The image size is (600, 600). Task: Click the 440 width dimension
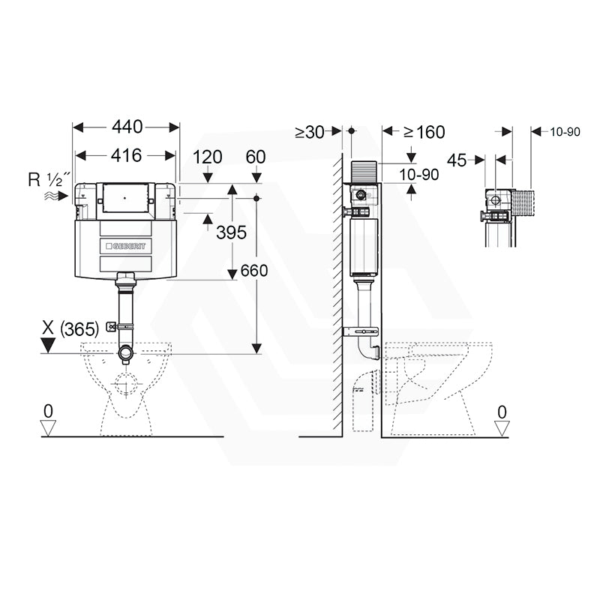coord(127,127)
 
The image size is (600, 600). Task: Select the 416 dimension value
coord(126,155)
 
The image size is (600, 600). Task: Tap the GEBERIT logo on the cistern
coord(126,246)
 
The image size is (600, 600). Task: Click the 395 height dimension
coord(231,232)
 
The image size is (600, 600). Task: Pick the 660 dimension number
coord(254,271)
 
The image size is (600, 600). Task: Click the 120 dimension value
coord(208,157)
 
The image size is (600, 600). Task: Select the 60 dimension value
coord(256,157)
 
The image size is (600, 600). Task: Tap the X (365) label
coord(70,328)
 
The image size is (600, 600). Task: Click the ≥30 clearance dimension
coord(310,132)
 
